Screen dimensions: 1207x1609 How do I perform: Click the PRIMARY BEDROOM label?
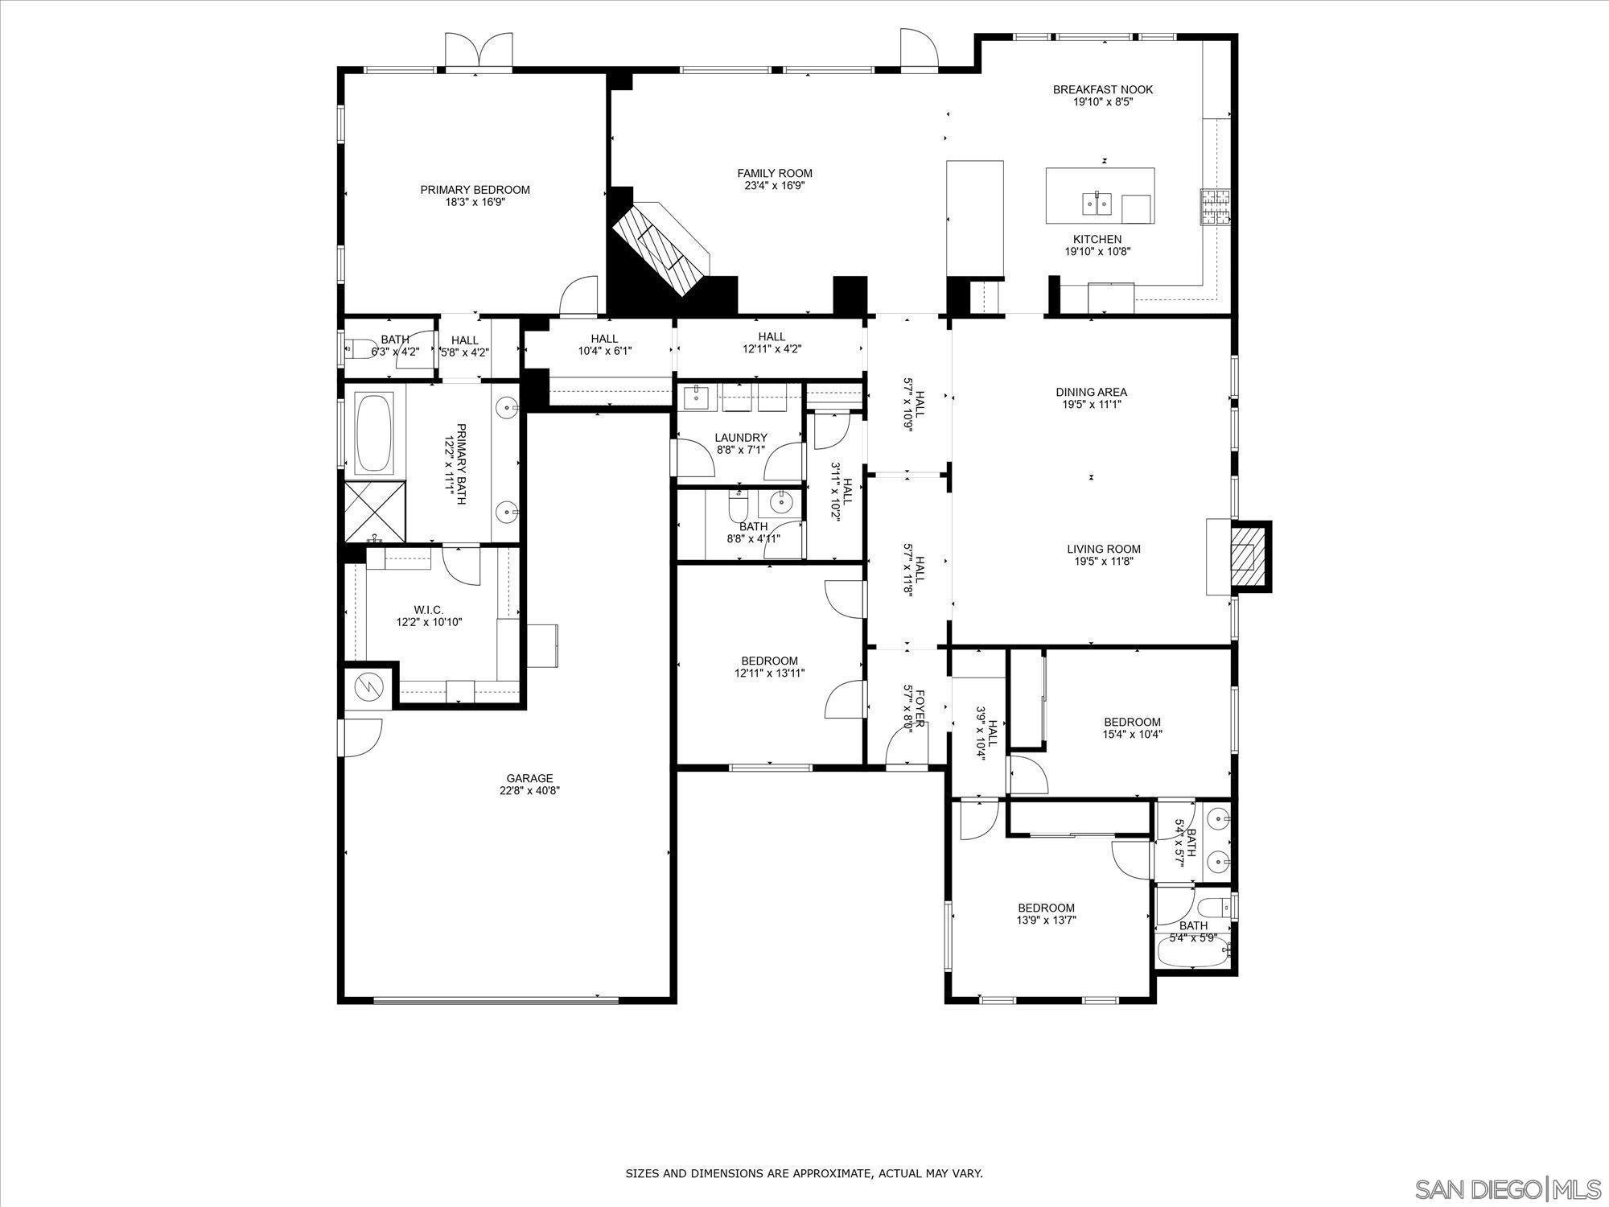(x=475, y=190)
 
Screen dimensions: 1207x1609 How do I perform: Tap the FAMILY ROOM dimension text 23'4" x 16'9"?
(x=775, y=186)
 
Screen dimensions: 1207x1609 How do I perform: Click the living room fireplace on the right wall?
(x=1248, y=557)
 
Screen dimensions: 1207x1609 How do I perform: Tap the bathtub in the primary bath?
(x=374, y=433)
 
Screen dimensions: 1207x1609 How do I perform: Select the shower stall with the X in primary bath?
(x=375, y=512)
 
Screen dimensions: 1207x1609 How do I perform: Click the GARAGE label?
(x=529, y=778)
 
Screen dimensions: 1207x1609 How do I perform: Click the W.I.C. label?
(x=429, y=610)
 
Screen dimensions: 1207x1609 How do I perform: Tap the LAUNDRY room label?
(x=740, y=438)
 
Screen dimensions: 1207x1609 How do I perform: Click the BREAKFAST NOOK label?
(x=1102, y=89)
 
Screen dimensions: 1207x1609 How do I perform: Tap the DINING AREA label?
(x=1091, y=392)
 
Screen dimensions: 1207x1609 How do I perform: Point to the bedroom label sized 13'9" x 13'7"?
(x=1046, y=908)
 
